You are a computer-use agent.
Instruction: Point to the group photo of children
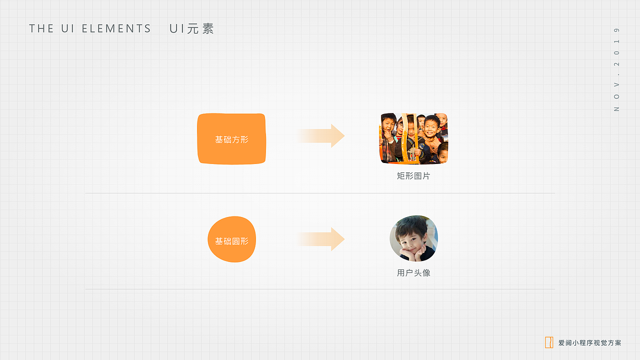click(413, 138)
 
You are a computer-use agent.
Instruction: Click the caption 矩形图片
click(413, 176)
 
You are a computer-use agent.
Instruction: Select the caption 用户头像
click(413, 273)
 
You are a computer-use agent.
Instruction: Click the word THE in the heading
click(41, 29)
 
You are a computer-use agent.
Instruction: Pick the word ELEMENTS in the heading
click(116, 29)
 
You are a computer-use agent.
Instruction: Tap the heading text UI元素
click(191, 29)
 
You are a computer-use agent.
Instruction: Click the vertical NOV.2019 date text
click(616, 69)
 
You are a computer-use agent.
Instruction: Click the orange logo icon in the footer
click(549, 342)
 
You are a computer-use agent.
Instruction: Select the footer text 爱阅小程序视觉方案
click(590, 343)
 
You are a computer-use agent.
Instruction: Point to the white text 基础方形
click(231, 139)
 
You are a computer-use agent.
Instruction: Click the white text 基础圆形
click(231, 241)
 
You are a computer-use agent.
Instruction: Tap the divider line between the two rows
click(320, 193)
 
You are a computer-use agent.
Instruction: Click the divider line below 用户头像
click(320, 289)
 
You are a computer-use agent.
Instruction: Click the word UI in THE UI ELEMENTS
click(68, 29)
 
